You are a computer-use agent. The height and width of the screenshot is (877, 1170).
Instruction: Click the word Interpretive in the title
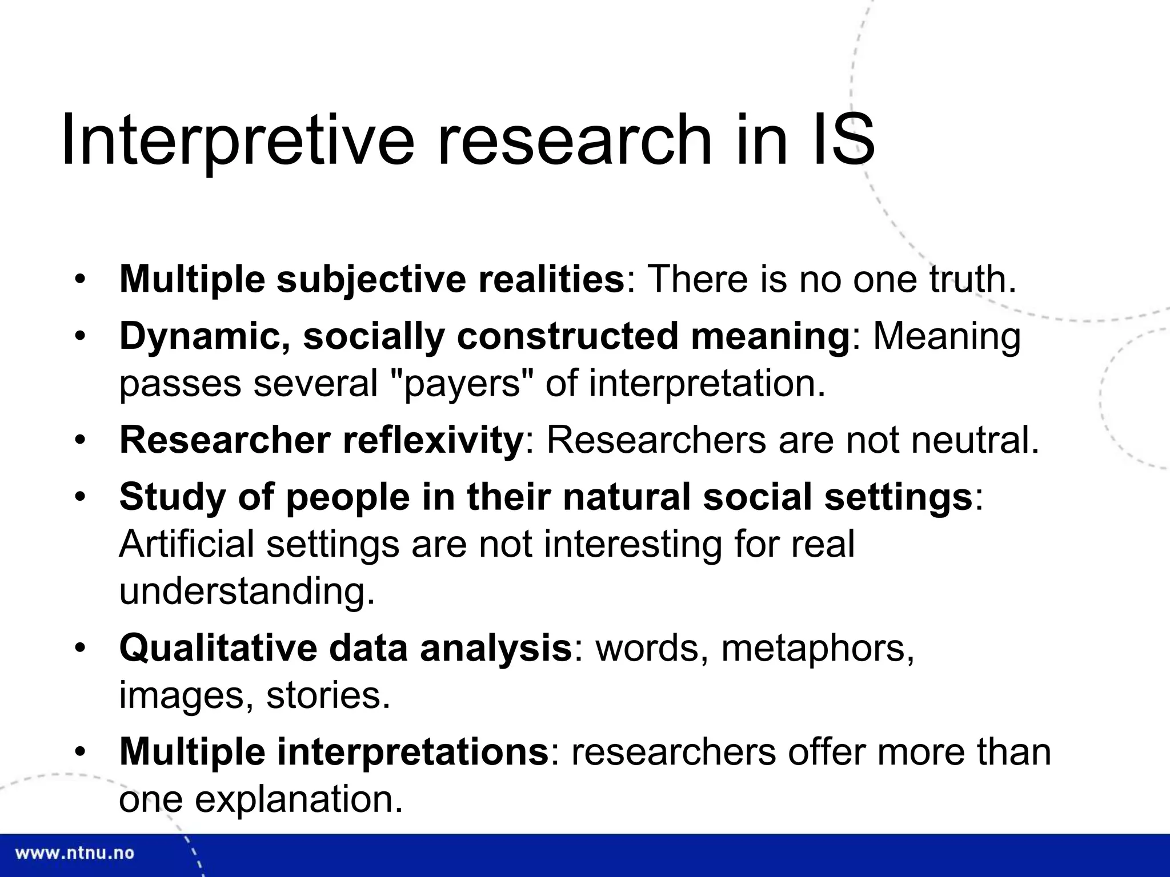click(237, 140)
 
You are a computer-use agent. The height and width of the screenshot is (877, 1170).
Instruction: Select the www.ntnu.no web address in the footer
click(74, 854)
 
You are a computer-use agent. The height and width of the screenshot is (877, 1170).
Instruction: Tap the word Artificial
click(186, 544)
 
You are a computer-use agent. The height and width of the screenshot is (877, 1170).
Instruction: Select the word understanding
click(247, 591)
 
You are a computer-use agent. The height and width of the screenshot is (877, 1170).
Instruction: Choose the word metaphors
click(817, 649)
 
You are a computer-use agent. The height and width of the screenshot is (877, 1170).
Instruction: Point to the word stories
click(328, 695)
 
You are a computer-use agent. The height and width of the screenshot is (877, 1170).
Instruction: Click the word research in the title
click(575, 140)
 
